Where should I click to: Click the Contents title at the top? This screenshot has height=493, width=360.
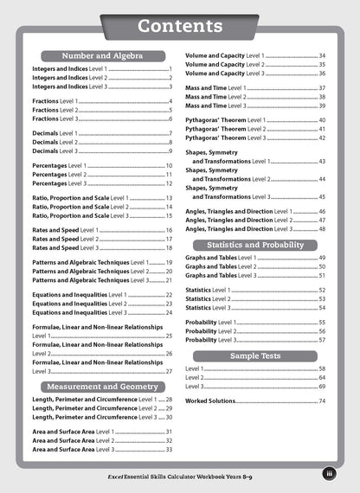180,27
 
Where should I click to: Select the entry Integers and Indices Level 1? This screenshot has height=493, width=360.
68,68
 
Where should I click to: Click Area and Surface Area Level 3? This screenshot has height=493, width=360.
73,450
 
